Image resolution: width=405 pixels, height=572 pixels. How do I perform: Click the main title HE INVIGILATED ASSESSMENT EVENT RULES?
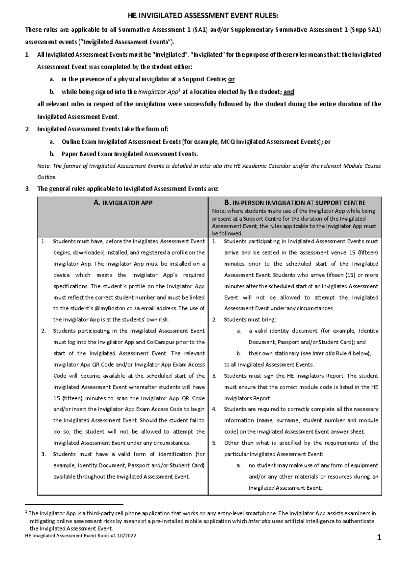click(x=203, y=16)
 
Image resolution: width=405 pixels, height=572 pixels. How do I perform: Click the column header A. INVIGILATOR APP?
click(x=123, y=203)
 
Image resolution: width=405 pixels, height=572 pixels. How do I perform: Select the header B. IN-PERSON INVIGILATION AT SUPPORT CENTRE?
click(x=295, y=203)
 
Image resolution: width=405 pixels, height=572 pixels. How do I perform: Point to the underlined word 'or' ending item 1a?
click(x=232, y=80)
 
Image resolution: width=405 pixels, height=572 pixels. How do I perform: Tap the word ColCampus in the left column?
click(x=160, y=342)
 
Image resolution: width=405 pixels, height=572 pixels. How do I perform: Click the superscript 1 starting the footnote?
click(x=27, y=512)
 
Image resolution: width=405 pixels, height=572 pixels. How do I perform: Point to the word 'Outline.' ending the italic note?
click(x=47, y=177)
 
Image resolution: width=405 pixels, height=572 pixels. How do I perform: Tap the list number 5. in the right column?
click(x=214, y=443)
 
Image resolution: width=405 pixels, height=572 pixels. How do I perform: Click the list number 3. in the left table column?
click(x=43, y=454)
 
